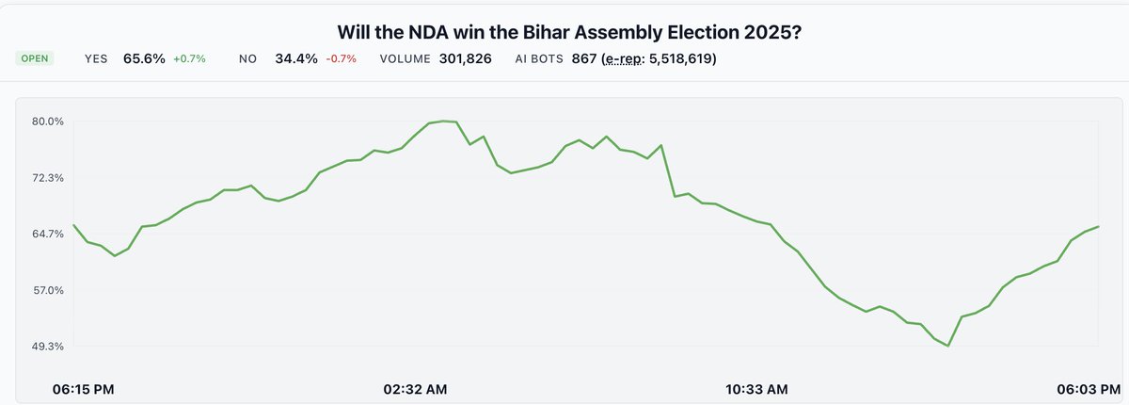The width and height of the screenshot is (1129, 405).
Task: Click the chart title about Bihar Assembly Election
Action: pyautogui.click(x=564, y=31)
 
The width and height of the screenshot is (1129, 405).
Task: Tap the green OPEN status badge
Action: pyautogui.click(x=35, y=58)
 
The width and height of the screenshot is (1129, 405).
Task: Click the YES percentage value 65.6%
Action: pyautogui.click(x=144, y=58)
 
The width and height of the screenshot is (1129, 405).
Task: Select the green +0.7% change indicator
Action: pyautogui.click(x=189, y=58)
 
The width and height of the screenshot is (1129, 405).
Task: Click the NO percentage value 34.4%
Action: pyautogui.click(x=295, y=58)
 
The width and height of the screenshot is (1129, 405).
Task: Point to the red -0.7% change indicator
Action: pyautogui.click(x=341, y=58)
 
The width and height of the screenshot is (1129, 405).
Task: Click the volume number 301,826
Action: pyautogui.click(x=465, y=58)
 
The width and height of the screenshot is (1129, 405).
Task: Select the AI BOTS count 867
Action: pyautogui.click(x=584, y=58)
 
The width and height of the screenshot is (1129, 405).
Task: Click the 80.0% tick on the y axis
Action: pyautogui.click(x=48, y=121)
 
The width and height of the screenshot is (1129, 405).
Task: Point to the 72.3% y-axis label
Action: pyautogui.click(x=48, y=178)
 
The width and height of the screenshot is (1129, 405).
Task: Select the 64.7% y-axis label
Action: pyautogui.click(x=48, y=234)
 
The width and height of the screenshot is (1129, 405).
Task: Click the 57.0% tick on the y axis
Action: pyautogui.click(x=48, y=290)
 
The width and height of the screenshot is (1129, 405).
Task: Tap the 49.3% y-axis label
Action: pyautogui.click(x=48, y=347)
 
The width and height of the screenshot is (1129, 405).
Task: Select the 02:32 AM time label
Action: pyautogui.click(x=415, y=388)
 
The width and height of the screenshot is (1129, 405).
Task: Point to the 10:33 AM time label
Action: pyautogui.click(x=755, y=388)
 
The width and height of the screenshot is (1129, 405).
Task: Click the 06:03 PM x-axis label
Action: pyautogui.click(x=1086, y=388)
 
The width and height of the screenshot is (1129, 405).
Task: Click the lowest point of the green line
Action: pyautogui.click(x=947, y=346)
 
